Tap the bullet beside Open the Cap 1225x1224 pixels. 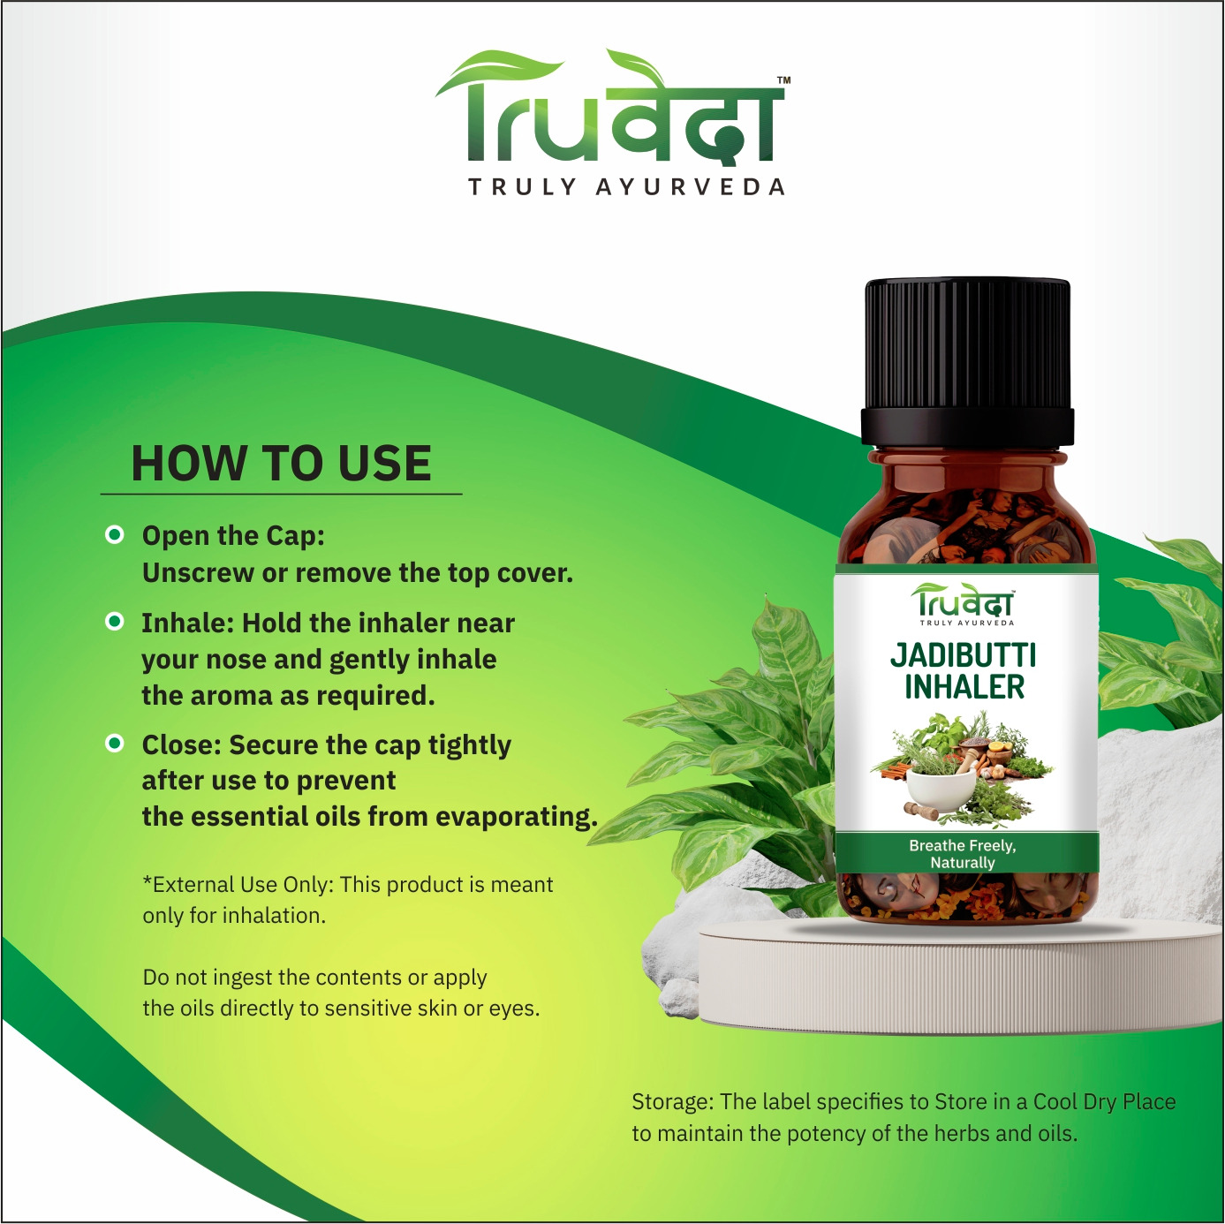[x=115, y=535]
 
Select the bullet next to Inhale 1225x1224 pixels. [x=115, y=621]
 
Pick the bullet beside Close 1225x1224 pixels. [x=115, y=743]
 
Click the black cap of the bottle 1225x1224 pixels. [x=967, y=362]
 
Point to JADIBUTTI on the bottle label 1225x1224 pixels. [x=963, y=655]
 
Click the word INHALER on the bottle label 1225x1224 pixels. [x=964, y=687]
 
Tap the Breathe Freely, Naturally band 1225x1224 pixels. [x=967, y=854]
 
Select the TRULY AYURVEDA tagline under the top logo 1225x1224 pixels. [x=626, y=187]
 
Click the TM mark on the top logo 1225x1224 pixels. [x=783, y=80]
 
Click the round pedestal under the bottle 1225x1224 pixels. [x=961, y=973]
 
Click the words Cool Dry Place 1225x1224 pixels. [x=1104, y=1101]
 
